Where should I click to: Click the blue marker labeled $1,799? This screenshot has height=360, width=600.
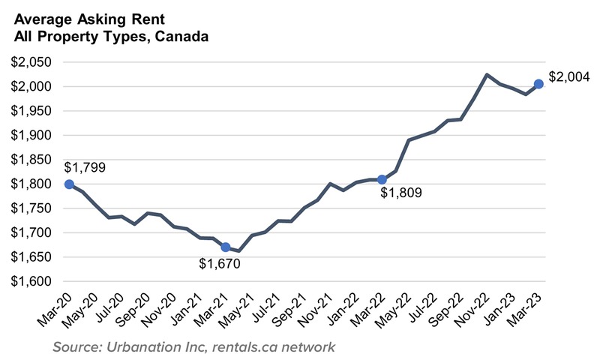69,184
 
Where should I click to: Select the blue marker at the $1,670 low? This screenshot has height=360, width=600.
226,247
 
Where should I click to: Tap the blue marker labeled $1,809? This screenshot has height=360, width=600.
382,179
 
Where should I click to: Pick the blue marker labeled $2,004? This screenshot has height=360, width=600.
538,84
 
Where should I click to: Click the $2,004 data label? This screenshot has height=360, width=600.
569,76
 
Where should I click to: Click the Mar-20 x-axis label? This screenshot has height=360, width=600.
54,306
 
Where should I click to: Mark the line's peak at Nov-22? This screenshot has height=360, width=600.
487,74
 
